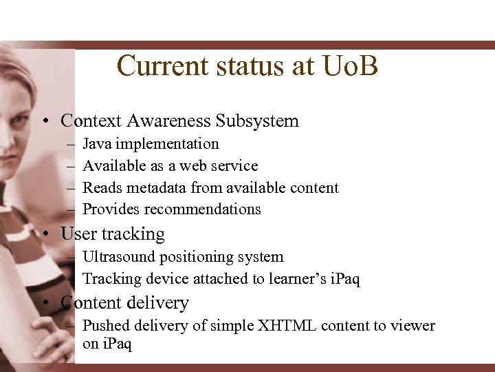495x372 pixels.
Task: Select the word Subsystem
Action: point(257,121)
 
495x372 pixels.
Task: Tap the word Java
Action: point(98,144)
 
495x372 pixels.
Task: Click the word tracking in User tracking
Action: point(133,234)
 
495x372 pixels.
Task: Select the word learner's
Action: point(282,279)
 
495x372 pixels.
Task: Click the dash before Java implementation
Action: point(71,145)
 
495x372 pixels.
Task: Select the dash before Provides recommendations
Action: point(71,209)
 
